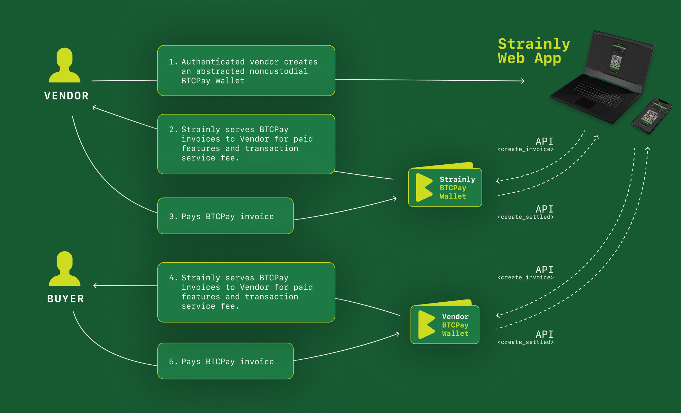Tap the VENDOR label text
[x=66, y=96]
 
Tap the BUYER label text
[x=66, y=299]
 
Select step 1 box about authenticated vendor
[x=246, y=71]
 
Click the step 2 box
[x=246, y=144]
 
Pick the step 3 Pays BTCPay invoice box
[x=225, y=216]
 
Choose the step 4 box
[x=246, y=292]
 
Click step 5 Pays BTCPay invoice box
[x=225, y=361]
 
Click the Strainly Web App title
[x=534, y=51]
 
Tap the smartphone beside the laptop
[x=651, y=115]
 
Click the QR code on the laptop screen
[x=616, y=61]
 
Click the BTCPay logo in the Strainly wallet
[x=424, y=187]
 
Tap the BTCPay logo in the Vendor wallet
[x=427, y=325]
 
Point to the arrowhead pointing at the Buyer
[x=95, y=286]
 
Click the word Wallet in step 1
[x=230, y=81]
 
